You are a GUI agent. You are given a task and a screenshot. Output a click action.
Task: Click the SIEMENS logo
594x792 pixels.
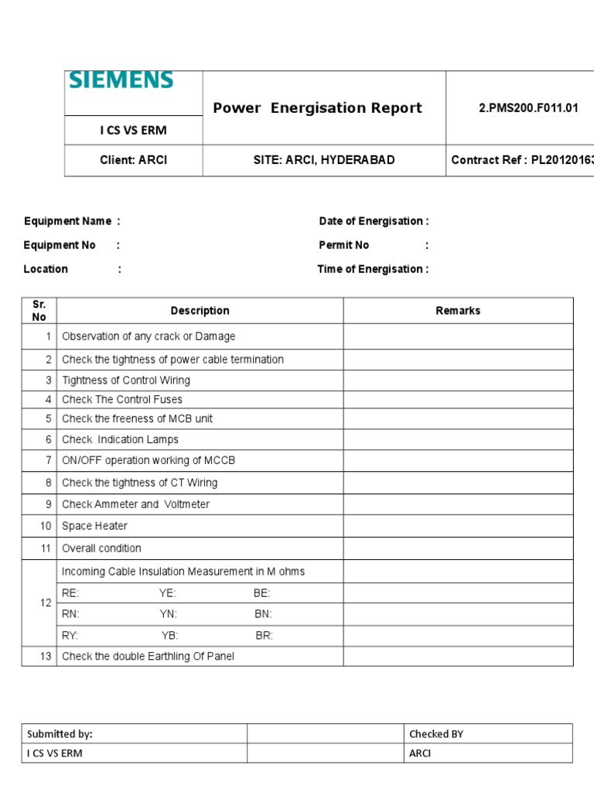(x=121, y=81)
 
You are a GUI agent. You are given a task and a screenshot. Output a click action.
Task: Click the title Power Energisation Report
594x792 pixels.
(x=317, y=108)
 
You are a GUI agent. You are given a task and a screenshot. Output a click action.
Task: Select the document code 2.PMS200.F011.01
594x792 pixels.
(x=528, y=108)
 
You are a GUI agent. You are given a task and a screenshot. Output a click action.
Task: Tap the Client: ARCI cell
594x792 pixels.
(x=133, y=160)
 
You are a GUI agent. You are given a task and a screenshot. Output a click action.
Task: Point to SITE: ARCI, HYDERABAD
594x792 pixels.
(x=324, y=160)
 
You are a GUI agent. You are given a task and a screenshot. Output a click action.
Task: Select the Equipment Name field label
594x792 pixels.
(x=67, y=221)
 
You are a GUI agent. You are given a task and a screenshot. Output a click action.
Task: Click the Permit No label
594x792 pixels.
(x=344, y=245)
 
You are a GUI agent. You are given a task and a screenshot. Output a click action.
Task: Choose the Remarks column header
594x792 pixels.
(x=458, y=310)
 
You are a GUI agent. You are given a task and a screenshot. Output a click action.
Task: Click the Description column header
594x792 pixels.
(x=200, y=310)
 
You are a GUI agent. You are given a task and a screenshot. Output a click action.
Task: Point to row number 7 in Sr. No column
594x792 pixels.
(x=48, y=460)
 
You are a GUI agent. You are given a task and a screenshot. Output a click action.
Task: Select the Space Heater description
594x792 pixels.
(x=94, y=526)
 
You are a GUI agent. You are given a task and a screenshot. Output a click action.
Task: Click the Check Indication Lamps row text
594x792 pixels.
(x=120, y=439)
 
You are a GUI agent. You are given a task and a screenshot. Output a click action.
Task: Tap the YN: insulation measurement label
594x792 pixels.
(x=168, y=614)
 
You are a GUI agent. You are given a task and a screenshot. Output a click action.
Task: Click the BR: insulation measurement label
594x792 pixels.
(x=264, y=636)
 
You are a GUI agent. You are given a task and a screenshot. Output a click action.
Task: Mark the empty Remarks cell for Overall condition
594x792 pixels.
(x=458, y=548)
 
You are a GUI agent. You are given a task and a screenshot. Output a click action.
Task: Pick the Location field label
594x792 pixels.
(x=46, y=269)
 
